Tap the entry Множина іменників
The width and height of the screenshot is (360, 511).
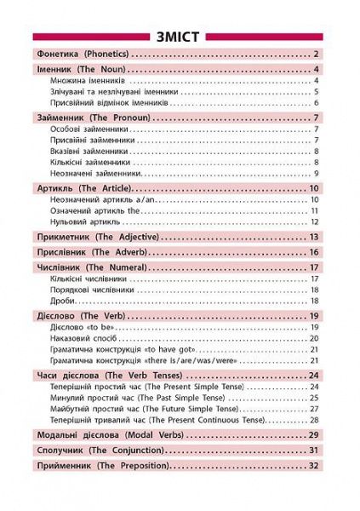tap(88, 81)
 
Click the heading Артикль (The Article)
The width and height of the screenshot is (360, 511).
tap(82, 187)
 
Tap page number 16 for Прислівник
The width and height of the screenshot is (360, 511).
tap(313, 252)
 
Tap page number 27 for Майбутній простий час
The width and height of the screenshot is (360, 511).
tap(314, 410)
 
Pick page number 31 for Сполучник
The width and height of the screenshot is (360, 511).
tap(313, 450)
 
